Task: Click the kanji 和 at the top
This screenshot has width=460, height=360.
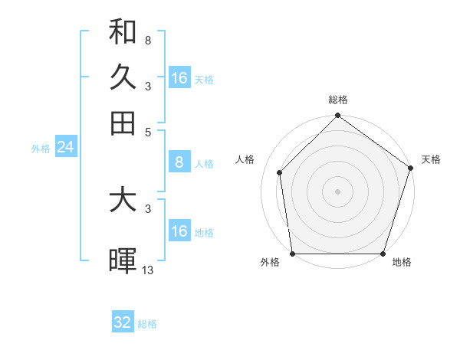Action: [123, 32]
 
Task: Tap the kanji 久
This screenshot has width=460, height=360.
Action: [123, 77]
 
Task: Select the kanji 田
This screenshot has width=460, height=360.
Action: [123, 123]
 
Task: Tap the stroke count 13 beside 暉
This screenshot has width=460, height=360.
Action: [148, 270]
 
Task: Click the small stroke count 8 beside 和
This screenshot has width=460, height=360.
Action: [147, 41]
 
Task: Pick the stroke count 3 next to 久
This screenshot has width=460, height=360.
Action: [147, 86]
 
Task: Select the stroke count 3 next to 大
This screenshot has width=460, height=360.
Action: [147, 208]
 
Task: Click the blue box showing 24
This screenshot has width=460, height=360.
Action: [65, 148]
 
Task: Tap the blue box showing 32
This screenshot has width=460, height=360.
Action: [123, 322]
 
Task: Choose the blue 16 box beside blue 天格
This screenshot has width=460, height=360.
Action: [179, 78]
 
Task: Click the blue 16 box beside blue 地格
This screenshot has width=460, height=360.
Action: [179, 231]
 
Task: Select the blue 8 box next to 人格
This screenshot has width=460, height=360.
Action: [179, 162]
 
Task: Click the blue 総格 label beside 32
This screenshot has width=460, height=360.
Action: [147, 324]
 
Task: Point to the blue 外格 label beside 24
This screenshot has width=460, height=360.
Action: [40, 149]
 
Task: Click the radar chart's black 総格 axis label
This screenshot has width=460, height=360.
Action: [338, 100]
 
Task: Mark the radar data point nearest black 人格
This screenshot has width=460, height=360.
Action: [280, 172]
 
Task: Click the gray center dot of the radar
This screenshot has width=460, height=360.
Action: [338, 191]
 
